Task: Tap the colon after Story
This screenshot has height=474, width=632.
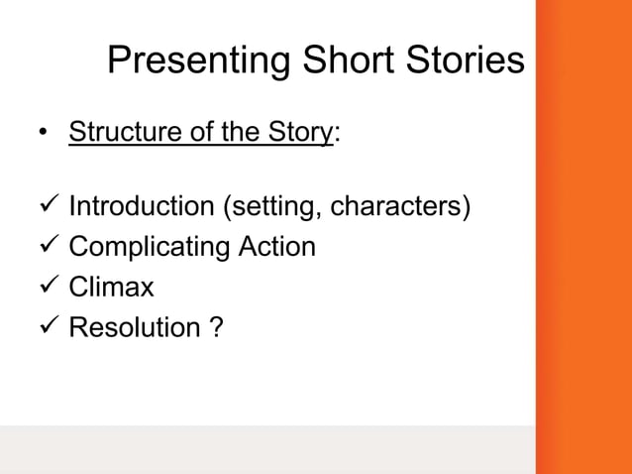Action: [339, 137]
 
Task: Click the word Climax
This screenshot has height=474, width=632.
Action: [111, 287]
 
